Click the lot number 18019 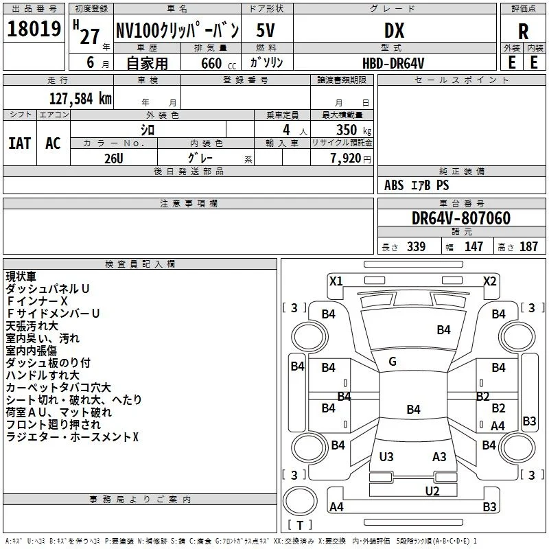coord(34,29)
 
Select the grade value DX coord(394,30)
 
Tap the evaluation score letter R coord(523,32)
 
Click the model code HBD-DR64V coord(393,63)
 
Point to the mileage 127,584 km coord(80,99)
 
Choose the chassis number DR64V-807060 coord(461,218)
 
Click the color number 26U coord(114,159)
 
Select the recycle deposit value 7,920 coord(346,159)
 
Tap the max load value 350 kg coord(353,130)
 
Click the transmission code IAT coord(20,143)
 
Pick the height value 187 coord(528,246)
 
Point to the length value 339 coord(416,246)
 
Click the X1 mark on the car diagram coord(336,281)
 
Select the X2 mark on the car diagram coord(489,281)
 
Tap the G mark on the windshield coord(393,362)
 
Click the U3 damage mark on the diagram coord(386,456)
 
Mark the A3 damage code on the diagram coord(439,456)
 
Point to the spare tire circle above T coord(300,501)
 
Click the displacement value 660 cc coord(218,63)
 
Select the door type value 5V coord(266,30)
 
